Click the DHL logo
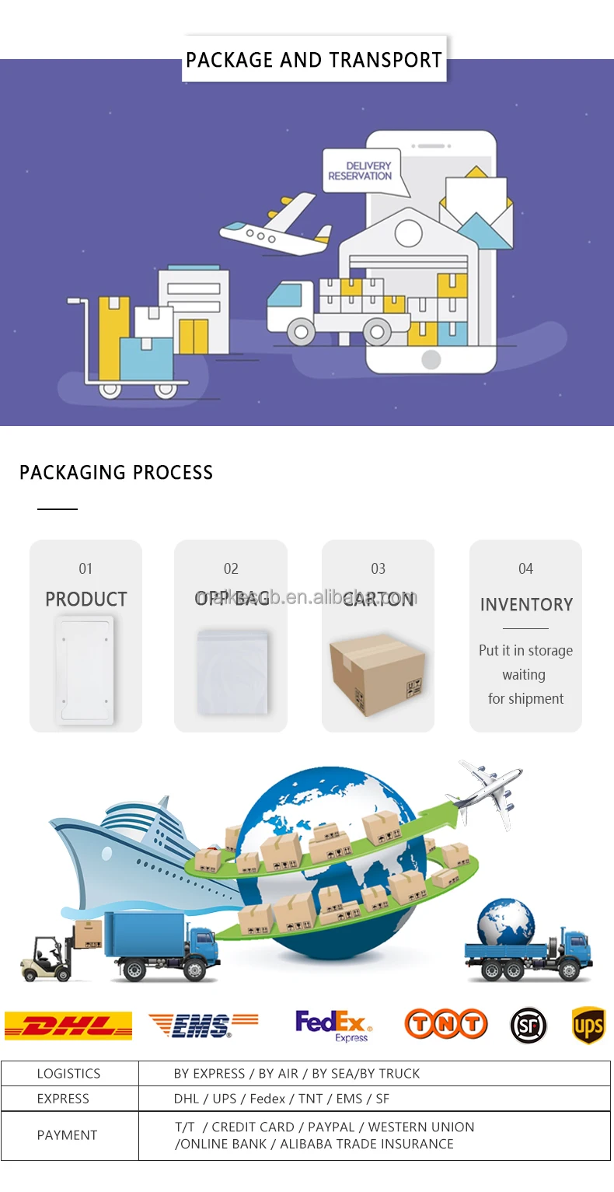tap(68, 1026)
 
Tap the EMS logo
tap(203, 1026)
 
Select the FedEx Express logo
tap(333, 1026)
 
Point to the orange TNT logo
tap(445, 1024)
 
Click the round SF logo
tap(529, 1026)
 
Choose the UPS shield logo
tap(588, 1026)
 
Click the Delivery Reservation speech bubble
tap(361, 172)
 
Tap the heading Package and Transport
tap(314, 60)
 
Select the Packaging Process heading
tap(116, 473)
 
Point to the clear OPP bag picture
tap(232, 672)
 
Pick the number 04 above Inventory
tap(526, 569)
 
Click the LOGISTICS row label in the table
tap(68, 1074)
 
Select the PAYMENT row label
tap(67, 1135)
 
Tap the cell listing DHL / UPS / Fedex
tap(281, 1099)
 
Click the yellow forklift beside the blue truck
tap(47, 959)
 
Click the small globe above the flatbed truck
tap(506, 923)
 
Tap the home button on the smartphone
tap(431, 359)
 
